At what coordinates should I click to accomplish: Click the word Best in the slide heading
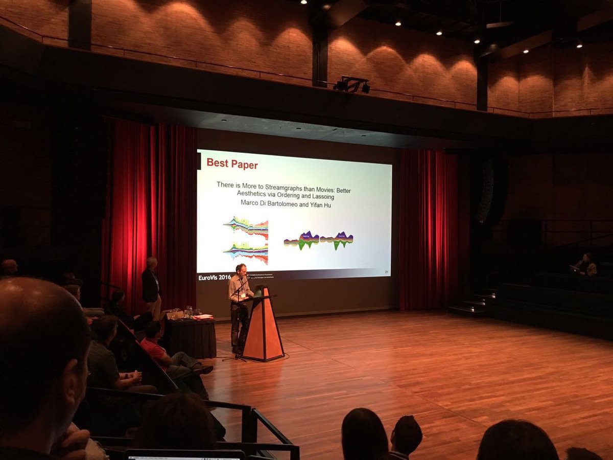[216, 165]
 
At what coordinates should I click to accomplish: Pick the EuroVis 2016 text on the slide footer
[215, 277]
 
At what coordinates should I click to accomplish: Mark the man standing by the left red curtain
[151, 286]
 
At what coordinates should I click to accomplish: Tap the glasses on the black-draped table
[188, 312]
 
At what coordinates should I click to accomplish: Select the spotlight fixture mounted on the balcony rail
[352, 85]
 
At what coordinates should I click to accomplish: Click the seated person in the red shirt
[153, 345]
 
